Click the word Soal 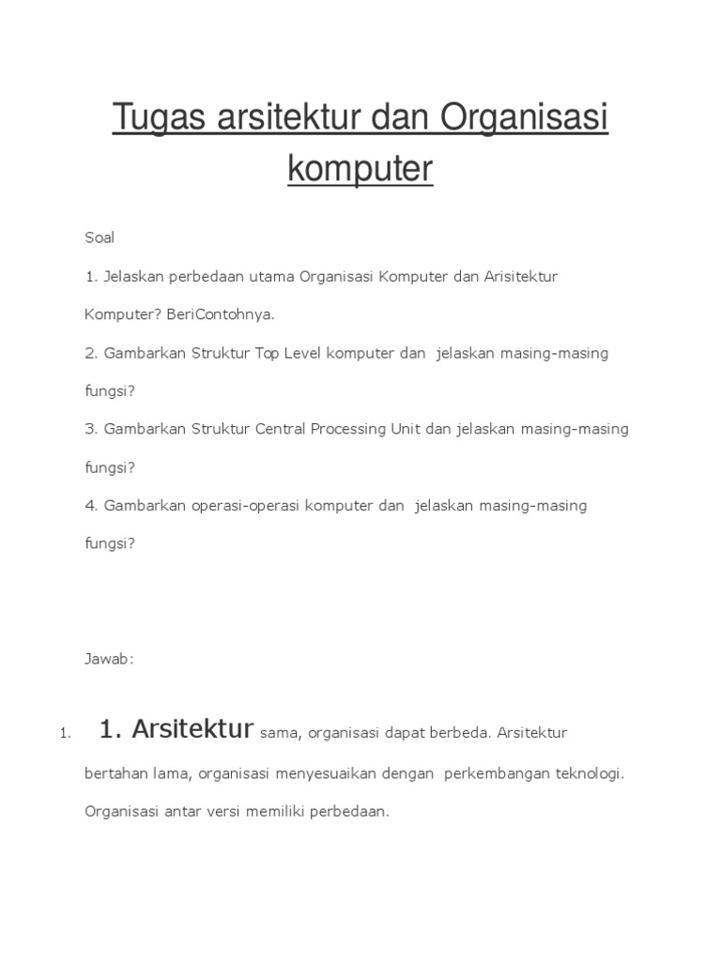pos(100,237)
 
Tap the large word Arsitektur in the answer pos(193,729)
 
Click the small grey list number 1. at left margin pos(64,733)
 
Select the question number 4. pos(91,505)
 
